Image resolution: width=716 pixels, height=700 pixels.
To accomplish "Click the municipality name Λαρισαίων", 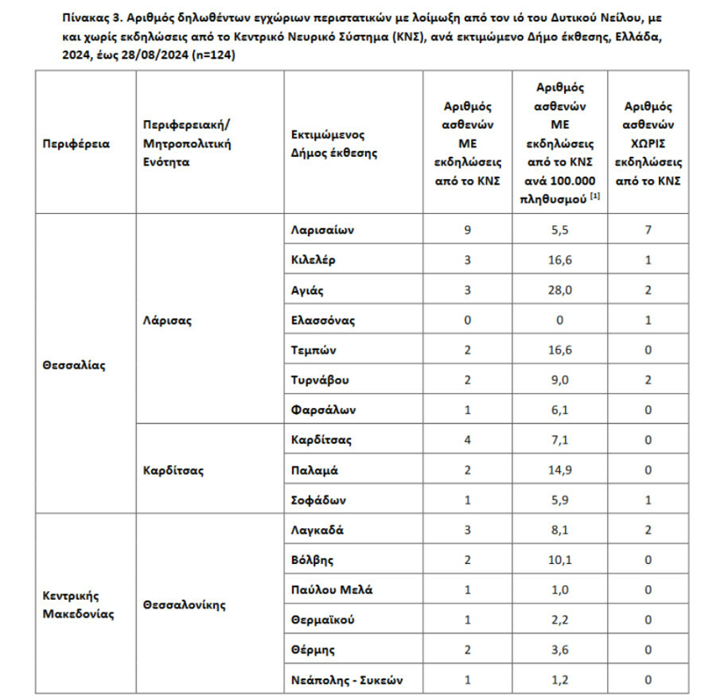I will point(322,230).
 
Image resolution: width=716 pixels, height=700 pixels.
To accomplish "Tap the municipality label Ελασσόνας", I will point(323,321).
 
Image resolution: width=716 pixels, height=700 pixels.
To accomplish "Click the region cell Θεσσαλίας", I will point(74,365).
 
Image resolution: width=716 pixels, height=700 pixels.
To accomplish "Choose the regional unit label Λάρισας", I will point(167,321).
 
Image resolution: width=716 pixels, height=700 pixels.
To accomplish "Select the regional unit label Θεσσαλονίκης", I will point(185,605).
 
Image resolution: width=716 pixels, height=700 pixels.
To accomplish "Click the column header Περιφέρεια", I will point(76,144).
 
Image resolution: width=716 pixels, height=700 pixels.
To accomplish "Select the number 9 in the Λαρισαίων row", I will point(468,230).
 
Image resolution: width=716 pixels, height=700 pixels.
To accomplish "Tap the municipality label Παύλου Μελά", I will point(331,590).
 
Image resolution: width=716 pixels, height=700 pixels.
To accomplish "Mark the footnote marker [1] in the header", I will point(595,196).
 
